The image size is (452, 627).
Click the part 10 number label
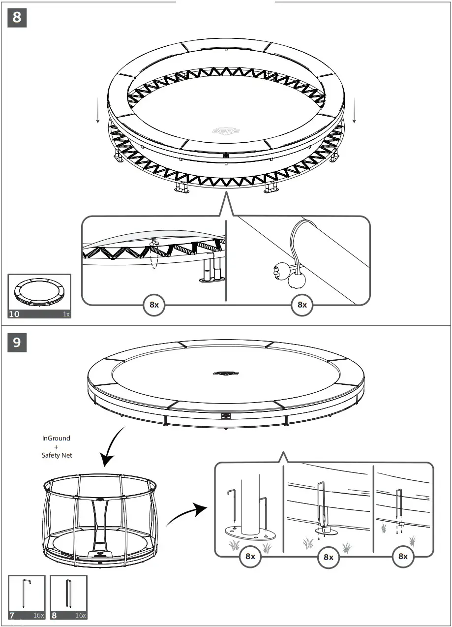tap(15, 314)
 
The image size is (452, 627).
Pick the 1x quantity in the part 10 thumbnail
tap(66, 314)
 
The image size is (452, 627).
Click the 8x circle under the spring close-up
tap(154, 305)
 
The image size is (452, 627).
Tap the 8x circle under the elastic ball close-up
tap(301, 305)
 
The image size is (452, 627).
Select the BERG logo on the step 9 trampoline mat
tap(226, 373)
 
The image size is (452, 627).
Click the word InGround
tap(57, 438)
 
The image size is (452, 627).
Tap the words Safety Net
tap(57, 455)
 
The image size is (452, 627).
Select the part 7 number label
tap(12, 615)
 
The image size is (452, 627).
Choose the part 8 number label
tap(55, 615)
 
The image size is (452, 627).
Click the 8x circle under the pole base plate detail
tap(250, 556)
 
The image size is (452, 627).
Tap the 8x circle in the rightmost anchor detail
tap(403, 556)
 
